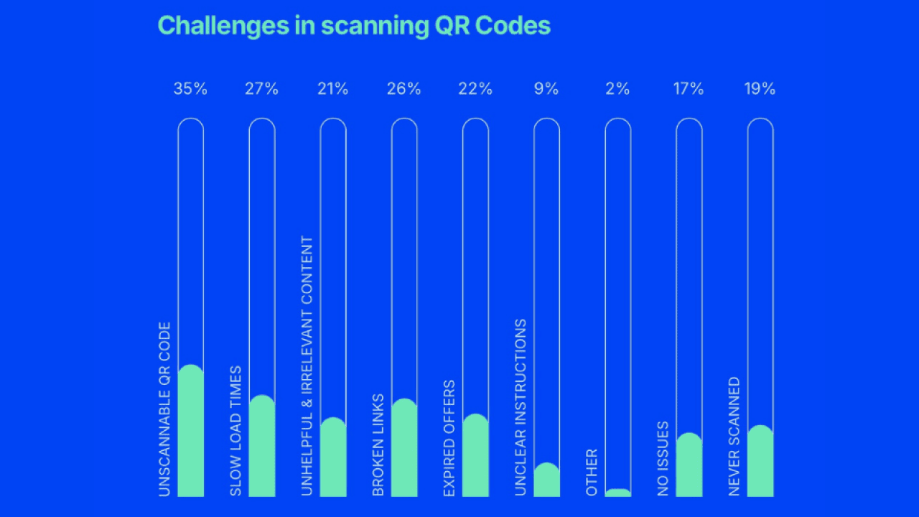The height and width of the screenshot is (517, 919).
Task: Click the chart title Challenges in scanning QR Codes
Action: [354, 26]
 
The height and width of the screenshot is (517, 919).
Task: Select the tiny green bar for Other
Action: [617, 493]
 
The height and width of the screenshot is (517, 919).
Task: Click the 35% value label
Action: [190, 89]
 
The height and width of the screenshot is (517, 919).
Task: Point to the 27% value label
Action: [262, 89]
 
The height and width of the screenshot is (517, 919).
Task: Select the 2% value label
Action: [617, 89]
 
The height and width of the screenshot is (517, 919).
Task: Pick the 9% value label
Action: [546, 89]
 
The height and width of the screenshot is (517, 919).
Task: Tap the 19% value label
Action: [760, 89]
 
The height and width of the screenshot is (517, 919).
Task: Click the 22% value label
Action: [475, 89]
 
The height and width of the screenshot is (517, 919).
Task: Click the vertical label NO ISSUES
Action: [663, 458]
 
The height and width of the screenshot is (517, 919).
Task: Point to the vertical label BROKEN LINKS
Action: [378, 445]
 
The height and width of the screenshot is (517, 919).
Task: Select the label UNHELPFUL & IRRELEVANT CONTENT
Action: [307, 365]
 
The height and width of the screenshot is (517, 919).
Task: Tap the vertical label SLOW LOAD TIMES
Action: [236, 431]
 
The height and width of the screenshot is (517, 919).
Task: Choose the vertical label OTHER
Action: [592, 472]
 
